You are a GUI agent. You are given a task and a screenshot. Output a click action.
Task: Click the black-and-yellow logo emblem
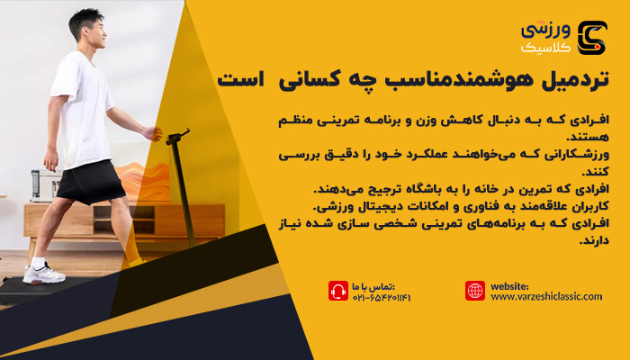[592, 38]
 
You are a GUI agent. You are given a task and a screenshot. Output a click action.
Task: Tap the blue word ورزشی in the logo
[545, 31]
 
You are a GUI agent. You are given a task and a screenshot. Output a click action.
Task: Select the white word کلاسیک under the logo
[545, 48]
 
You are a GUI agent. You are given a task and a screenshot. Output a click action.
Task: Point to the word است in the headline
[240, 79]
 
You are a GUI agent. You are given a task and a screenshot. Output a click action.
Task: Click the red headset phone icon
[338, 291]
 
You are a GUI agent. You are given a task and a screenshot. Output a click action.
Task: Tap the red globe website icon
[475, 291]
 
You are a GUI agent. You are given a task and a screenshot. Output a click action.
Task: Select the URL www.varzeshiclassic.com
[546, 297]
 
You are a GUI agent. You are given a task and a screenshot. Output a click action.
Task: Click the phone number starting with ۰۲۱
[382, 298]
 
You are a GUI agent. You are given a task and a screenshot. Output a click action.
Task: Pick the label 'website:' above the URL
[509, 286]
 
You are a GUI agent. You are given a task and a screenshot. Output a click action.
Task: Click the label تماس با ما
[373, 287]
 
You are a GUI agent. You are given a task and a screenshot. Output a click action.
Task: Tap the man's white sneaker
[43, 274]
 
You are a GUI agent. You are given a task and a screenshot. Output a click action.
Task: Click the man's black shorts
[91, 182]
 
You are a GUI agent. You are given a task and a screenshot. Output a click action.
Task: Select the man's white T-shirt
[84, 109]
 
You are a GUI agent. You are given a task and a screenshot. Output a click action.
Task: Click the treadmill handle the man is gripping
[177, 137]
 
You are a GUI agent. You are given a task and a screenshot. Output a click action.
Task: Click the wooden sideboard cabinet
[124, 220]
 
